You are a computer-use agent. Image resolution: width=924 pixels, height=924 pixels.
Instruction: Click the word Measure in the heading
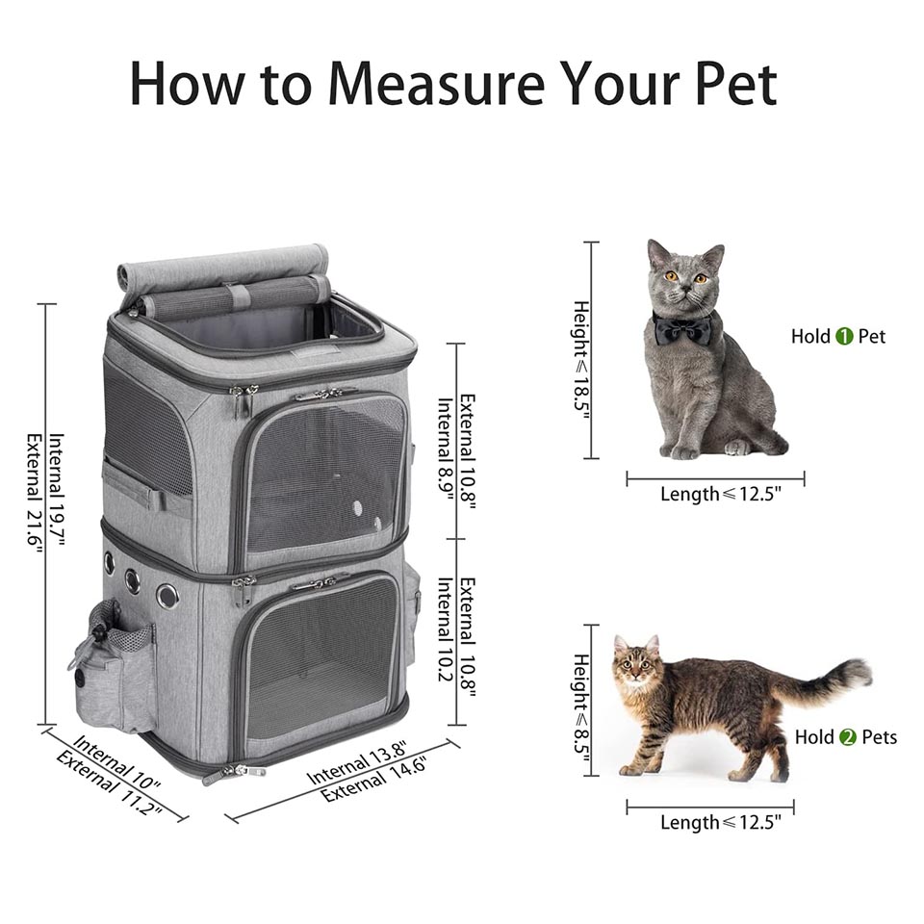click(x=436, y=84)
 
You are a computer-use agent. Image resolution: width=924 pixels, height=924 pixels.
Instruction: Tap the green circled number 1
click(x=844, y=337)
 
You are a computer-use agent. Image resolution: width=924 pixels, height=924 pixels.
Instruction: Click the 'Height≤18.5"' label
click(x=581, y=361)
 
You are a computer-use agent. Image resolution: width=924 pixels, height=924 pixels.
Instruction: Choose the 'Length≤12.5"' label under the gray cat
click(x=720, y=494)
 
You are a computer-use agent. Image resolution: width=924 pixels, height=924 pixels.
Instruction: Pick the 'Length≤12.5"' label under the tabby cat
click(x=720, y=821)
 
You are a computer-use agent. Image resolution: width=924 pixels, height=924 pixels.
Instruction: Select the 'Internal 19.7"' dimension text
click(x=57, y=489)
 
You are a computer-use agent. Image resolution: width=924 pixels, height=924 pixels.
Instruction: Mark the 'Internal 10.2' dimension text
click(x=446, y=629)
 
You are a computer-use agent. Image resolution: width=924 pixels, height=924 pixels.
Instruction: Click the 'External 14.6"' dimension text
click(x=373, y=781)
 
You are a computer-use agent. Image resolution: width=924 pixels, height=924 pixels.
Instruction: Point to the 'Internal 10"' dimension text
click(x=116, y=762)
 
